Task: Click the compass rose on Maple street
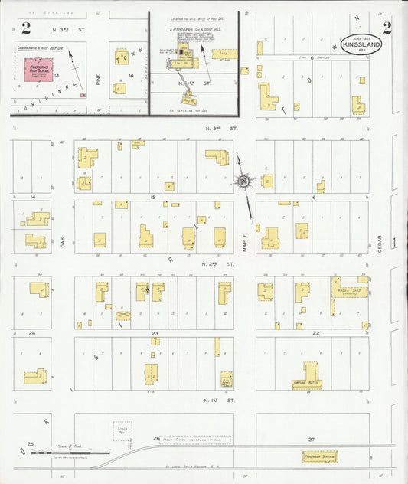pos(243,181)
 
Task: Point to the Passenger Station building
pos(319,456)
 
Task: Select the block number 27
pos(312,439)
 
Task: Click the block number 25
pos(31,443)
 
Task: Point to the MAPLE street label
pos(245,244)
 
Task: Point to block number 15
pos(153,198)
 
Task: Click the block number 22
pos(315,333)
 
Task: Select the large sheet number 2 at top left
pos(26,29)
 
